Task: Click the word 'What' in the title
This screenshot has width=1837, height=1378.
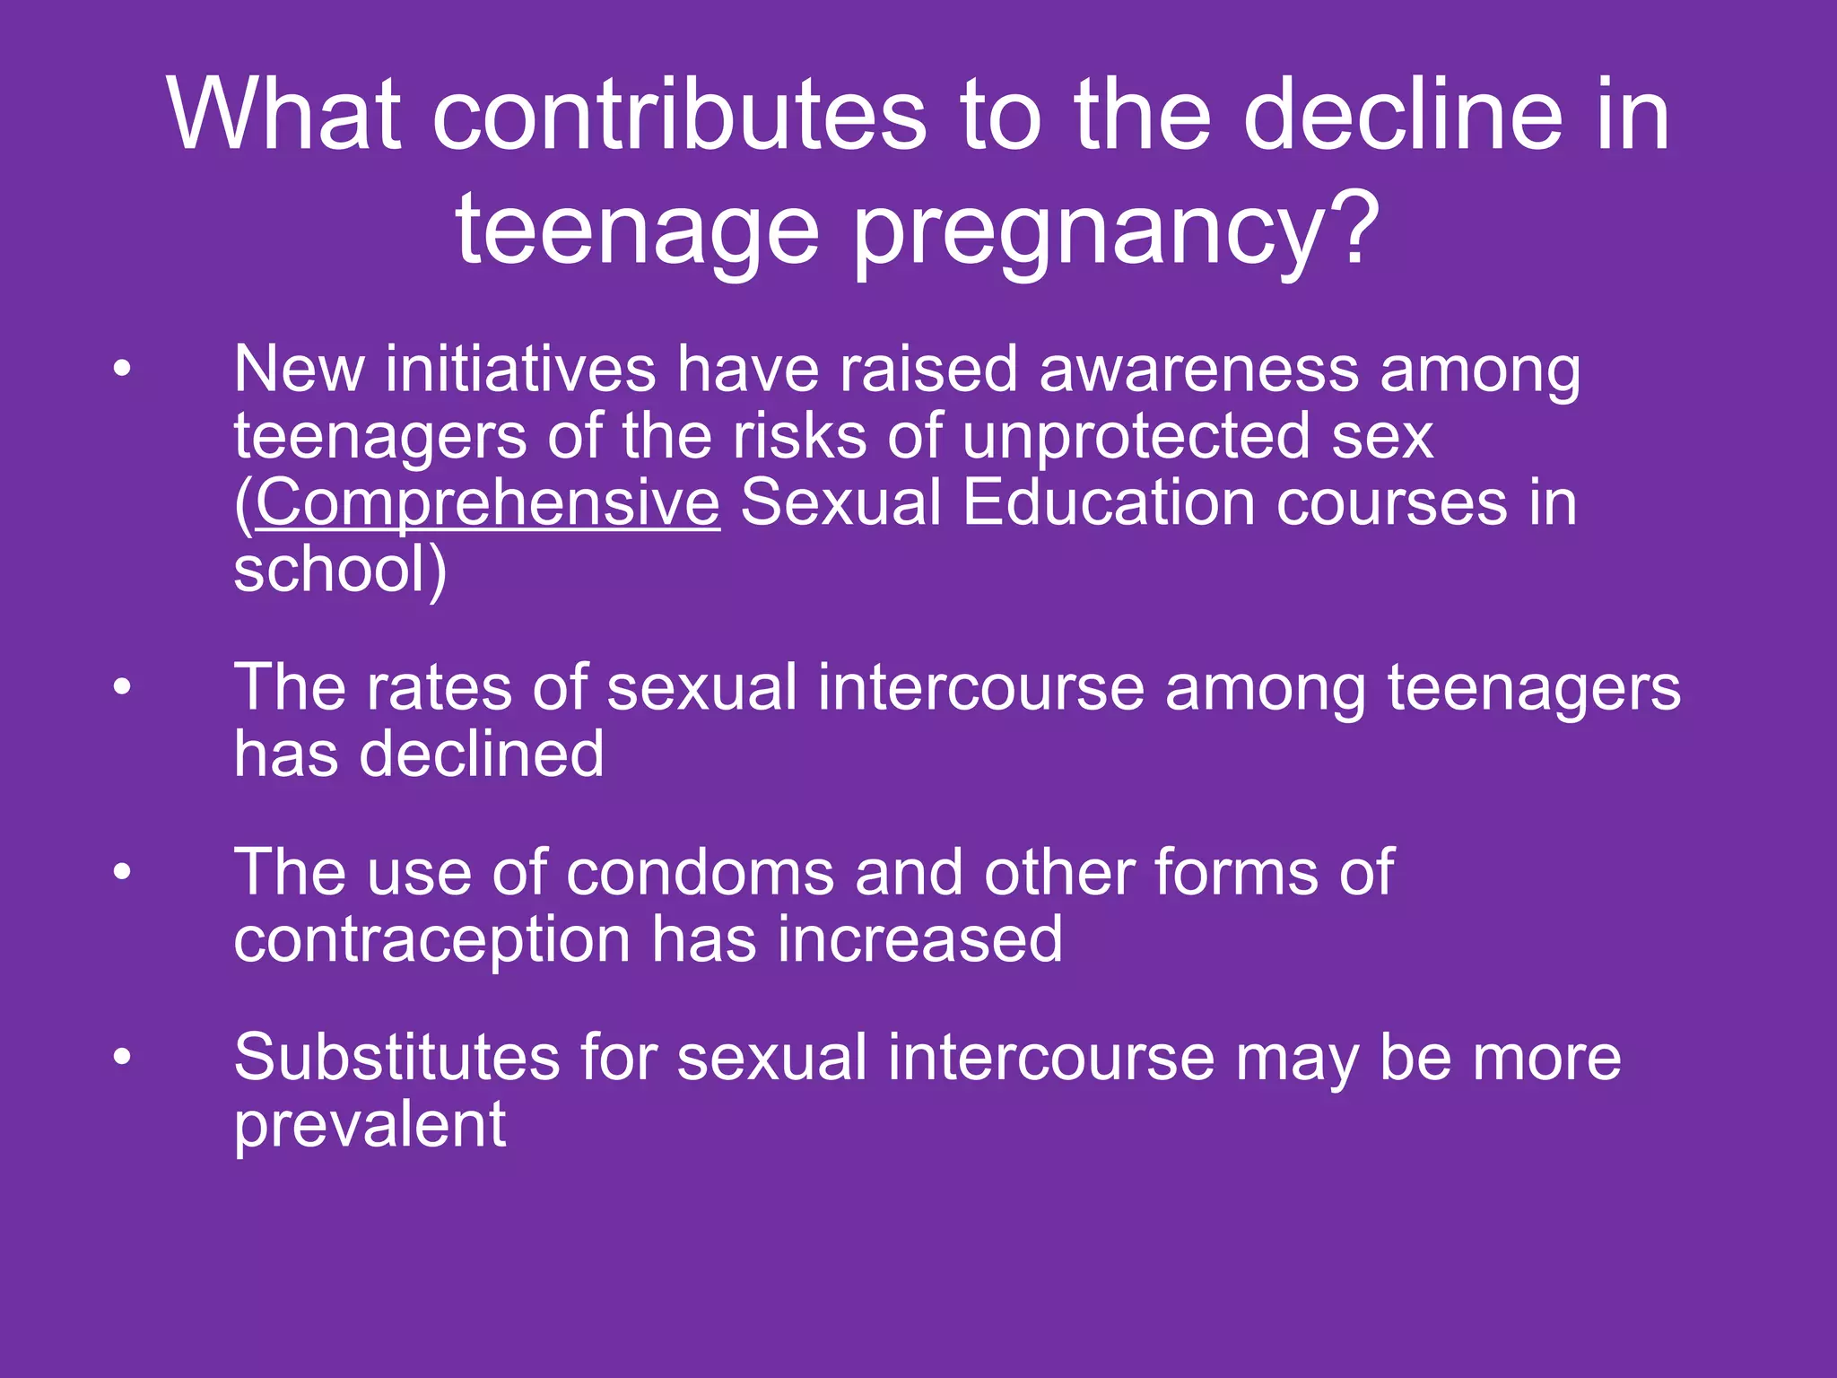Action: point(284,115)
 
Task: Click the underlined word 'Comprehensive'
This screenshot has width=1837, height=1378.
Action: point(487,502)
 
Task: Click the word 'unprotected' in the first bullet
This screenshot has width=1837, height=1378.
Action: point(1136,436)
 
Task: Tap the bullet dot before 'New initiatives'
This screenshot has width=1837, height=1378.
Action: point(122,368)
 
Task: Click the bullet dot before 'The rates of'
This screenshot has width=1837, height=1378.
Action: point(122,687)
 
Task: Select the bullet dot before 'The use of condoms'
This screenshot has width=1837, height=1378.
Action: point(122,872)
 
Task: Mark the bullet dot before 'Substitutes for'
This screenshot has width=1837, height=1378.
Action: point(122,1057)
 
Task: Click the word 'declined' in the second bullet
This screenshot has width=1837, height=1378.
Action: point(481,754)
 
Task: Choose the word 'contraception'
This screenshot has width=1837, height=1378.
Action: point(432,939)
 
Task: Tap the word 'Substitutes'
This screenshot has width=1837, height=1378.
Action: point(396,1057)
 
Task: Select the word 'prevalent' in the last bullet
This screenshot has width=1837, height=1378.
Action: point(370,1125)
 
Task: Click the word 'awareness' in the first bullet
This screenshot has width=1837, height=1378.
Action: point(1198,369)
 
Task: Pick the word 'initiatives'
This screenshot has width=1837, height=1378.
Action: point(520,369)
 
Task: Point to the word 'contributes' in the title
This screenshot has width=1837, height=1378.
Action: point(679,115)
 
